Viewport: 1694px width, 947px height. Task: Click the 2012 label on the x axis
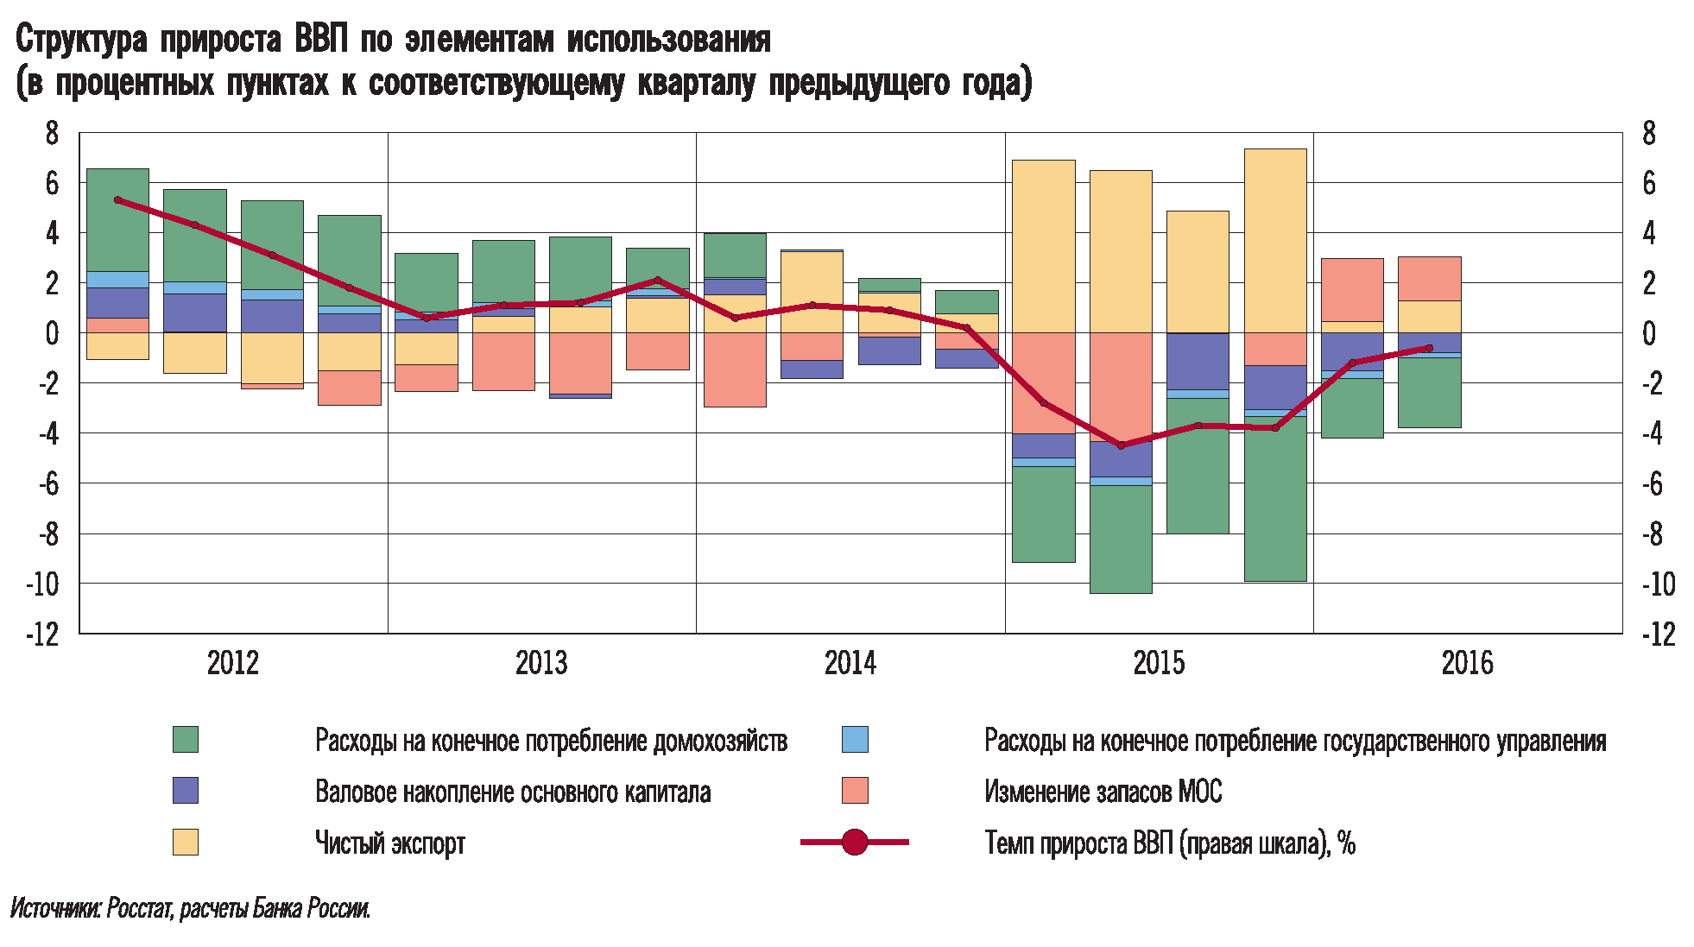point(232,663)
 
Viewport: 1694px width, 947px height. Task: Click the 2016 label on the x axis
point(1466,663)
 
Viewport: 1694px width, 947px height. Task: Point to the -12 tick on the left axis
point(42,634)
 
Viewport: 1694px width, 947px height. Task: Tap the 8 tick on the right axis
point(1648,133)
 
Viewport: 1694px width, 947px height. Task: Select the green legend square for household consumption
point(186,740)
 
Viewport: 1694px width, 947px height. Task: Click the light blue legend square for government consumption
point(855,740)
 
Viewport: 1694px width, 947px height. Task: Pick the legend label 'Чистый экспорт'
point(389,843)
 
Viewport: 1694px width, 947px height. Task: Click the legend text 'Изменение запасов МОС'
point(1103,792)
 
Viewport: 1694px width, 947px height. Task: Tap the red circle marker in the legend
point(854,842)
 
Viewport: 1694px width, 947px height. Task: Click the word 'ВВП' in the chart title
point(321,40)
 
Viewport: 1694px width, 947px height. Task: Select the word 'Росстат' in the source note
point(139,908)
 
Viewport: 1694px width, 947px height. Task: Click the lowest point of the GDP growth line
point(1121,445)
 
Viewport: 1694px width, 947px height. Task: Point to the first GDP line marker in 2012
point(118,200)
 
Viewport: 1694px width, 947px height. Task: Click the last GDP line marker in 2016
point(1429,348)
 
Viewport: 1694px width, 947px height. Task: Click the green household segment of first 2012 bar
point(118,219)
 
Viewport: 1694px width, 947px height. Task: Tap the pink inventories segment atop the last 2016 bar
point(1429,278)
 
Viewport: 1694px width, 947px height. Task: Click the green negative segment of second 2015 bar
point(1121,539)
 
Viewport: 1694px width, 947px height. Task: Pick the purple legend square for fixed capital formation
point(186,791)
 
